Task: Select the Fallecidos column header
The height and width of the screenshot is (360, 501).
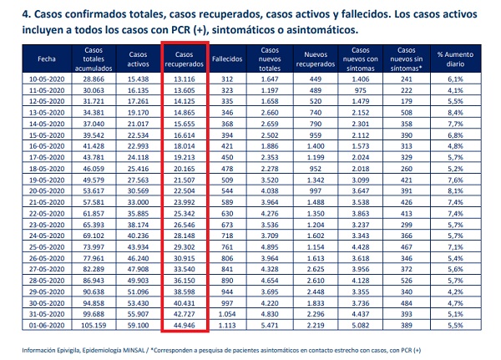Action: tap(227, 59)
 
